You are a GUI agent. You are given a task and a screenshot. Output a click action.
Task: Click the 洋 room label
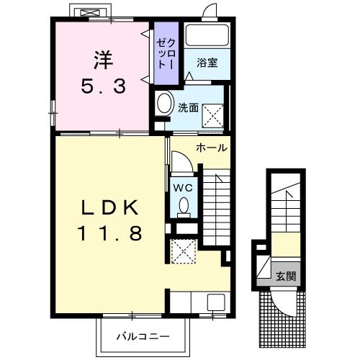pyautogui.click(x=104, y=60)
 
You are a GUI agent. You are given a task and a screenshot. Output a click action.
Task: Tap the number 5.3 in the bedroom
pyautogui.click(x=104, y=86)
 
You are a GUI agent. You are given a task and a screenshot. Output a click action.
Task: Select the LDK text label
pyautogui.click(x=110, y=207)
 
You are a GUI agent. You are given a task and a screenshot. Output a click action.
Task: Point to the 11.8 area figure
pyautogui.click(x=109, y=233)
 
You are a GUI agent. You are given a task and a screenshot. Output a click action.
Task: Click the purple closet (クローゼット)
pyautogui.click(x=166, y=53)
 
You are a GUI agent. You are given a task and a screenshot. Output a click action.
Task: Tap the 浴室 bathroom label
pyautogui.click(x=207, y=63)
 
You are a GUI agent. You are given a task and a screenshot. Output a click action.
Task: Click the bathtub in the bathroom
pyautogui.click(x=207, y=35)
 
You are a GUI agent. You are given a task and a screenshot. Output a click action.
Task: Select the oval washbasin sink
pyautogui.click(x=165, y=103)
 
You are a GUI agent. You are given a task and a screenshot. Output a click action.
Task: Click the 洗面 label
pyautogui.click(x=188, y=108)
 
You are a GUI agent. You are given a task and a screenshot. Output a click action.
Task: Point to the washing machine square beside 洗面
pyautogui.click(x=213, y=116)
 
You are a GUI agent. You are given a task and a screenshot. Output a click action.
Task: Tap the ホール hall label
pyautogui.click(x=212, y=148)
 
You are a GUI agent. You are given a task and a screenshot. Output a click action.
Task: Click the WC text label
pyautogui.click(x=183, y=188)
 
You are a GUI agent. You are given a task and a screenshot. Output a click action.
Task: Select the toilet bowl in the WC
pyautogui.click(x=184, y=205)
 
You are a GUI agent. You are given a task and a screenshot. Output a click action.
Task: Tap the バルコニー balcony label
pyautogui.click(x=143, y=337)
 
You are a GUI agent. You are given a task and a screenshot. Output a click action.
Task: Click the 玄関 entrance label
pyautogui.click(x=286, y=276)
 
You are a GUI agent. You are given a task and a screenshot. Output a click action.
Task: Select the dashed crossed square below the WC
pyautogui.click(x=184, y=251)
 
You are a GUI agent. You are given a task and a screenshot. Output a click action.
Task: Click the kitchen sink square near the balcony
pyautogui.click(x=216, y=302)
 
